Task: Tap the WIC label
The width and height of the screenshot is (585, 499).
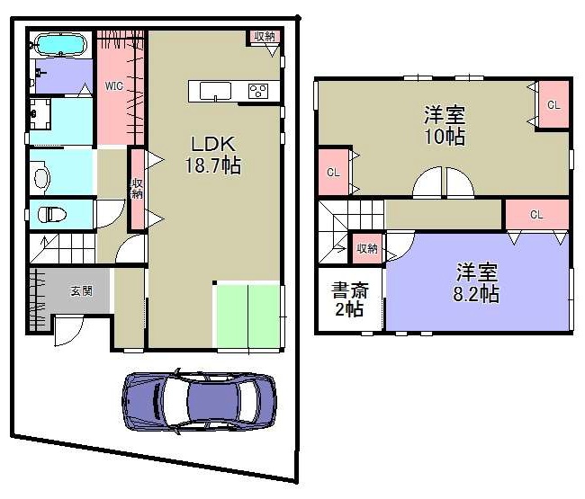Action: click(x=113, y=86)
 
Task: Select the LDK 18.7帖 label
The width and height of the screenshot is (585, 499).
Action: click(x=213, y=155)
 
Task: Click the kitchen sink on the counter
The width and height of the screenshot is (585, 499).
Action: click(x=215, y=92)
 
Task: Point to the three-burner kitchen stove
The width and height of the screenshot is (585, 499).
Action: click(x=258, y=91)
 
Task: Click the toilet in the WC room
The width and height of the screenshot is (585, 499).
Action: click(x=52, y=215)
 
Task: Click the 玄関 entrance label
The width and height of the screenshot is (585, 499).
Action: click(x=81, y=290)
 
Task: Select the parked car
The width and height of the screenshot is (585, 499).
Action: click(x=200, y=401)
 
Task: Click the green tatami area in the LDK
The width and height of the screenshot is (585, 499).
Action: click(x=247, y=316)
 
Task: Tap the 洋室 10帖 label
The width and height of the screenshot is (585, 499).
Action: click(x=445, y=125)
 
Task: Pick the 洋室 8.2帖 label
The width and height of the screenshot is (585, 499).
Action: click(x=476, y=282)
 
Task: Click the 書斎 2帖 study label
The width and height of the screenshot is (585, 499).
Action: click(x=349, y=299)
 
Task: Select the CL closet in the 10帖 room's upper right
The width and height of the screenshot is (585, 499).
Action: click(x=553, y=104)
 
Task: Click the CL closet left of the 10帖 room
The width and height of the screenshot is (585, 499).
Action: click(x=333, y=172)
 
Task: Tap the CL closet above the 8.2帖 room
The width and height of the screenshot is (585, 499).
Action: click(x=536, y=214)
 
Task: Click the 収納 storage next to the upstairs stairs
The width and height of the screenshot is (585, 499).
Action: click(x=366, y=248)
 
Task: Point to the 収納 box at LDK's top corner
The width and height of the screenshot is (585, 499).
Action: click(x=265, y=37)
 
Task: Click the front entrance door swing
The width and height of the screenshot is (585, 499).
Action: click(x=68, y=330)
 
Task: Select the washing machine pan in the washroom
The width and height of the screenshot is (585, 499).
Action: click(x=40, y=113)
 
